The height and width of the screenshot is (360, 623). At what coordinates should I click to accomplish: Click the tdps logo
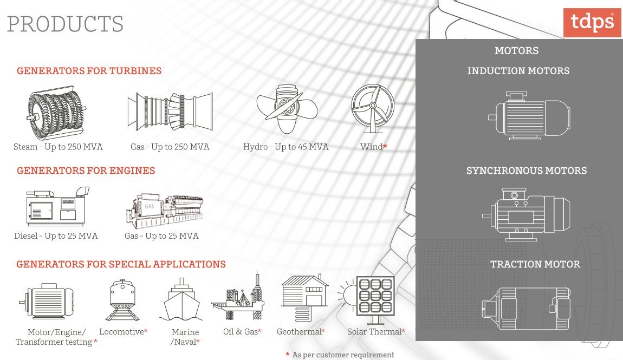point(592,22)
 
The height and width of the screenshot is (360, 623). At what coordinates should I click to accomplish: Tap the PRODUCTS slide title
point(65,24)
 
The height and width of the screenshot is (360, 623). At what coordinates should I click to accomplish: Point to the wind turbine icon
point(373,108)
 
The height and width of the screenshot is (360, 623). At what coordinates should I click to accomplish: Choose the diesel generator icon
point(57,207)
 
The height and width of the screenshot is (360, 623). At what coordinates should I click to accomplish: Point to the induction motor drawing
point(529,116)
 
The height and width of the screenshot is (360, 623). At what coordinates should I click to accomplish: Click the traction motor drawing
point(525,308)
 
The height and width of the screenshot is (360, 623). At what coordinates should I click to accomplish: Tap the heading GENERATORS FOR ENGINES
point(86,171)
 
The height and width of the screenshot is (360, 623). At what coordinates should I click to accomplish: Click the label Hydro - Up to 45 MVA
point(285,147)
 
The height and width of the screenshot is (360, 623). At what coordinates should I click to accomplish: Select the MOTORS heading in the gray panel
point(516,51)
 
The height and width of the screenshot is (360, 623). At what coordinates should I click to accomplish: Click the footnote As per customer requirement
point(343,355)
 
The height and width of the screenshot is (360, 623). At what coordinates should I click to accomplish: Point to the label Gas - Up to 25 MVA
point(161,236)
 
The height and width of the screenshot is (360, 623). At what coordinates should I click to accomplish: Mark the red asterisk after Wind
point(385,147)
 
